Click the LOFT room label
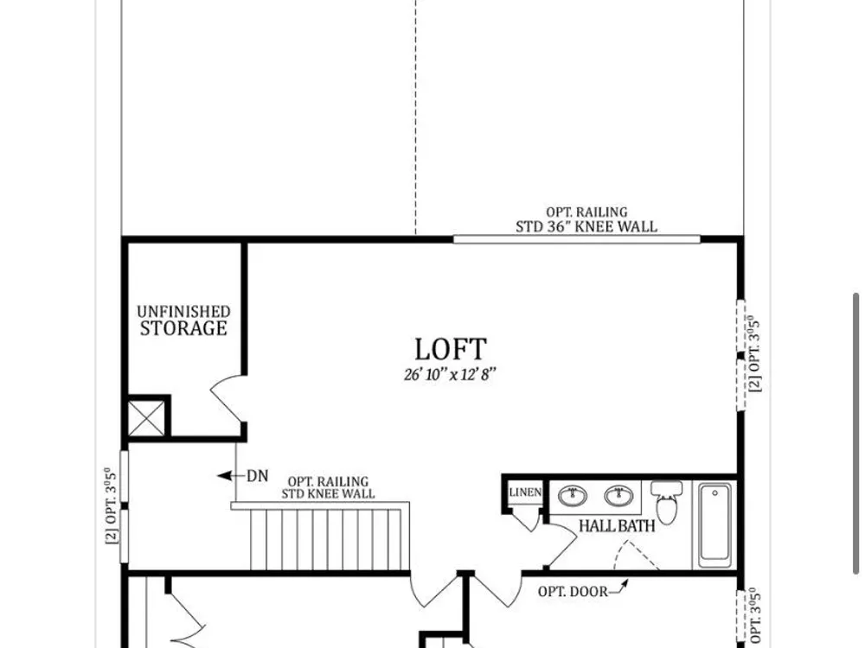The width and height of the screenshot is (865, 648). click(x=450, y=349)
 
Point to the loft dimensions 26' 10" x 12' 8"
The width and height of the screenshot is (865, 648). click(x=450, y=375)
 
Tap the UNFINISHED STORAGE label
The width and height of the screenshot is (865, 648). click(x=183, y=321)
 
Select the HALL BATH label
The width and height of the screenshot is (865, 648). click(x=617, y=525)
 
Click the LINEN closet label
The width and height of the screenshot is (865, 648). click(x=525, y=492)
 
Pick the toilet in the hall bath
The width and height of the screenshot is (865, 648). click(x=666, y=502)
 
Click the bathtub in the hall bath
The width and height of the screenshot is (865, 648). click(x=715, y=524)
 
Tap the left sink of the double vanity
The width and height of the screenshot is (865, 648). click(x=573, y=495)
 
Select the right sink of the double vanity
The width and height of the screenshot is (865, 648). click(x=618, y=495)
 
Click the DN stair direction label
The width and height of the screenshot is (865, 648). click(x=257, y=475)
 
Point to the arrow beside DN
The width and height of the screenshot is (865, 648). click(x=230, y=475)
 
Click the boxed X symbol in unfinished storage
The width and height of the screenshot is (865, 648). click(x=146, y=418)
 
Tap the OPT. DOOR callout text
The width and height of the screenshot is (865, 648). click(x=573, y=591)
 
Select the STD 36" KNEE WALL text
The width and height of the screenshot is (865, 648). click(x=586, y=226)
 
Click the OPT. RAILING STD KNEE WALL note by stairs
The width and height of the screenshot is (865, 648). click(x=328, y=487)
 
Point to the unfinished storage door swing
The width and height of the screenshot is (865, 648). click(x=227, y=397)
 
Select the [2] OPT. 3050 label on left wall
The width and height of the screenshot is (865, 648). click(x=111, y=505)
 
